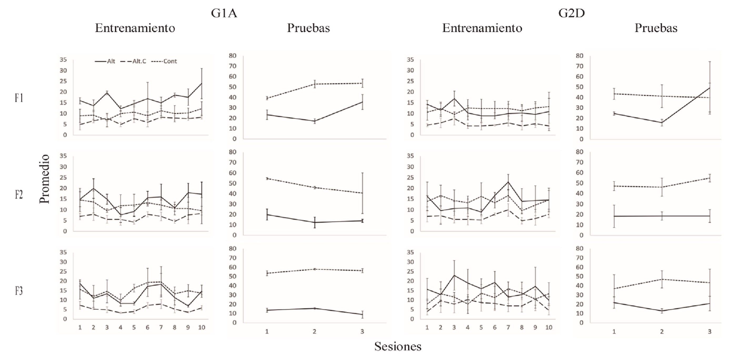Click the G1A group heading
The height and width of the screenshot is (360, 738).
click(224, 13)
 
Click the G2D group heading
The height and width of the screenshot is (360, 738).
click(571, 13)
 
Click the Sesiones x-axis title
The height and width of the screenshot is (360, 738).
click(398, 346)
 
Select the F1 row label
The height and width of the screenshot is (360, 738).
click(19, 98)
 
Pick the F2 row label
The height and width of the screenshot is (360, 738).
click(19, 195)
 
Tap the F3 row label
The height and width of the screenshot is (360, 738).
click(19, 291)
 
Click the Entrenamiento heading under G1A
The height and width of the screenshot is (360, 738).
click(135, 28)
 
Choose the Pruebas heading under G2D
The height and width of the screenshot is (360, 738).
click(656, 28)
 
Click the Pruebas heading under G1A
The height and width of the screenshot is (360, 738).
click(309, 28)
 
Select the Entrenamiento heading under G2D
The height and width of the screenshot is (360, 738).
click(482, 28)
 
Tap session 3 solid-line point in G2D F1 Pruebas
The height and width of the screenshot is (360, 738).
click(710, 88)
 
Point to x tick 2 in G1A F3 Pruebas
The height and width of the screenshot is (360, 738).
click(314, 332)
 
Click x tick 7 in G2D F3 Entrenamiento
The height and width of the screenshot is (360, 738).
click(508, 327)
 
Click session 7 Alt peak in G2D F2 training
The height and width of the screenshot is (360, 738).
click(508, 182)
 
